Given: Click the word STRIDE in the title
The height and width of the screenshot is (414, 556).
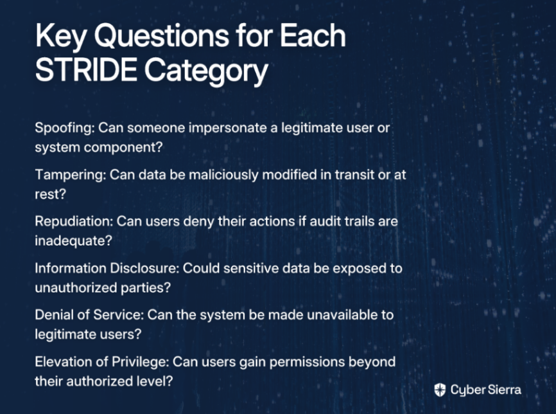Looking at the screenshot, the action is tap(86, 69).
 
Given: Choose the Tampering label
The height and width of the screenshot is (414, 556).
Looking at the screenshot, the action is tap(70, 175).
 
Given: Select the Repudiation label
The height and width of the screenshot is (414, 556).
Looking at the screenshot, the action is tap(74, 222).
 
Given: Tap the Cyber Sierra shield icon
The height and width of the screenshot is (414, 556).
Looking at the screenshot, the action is tap(440, 390).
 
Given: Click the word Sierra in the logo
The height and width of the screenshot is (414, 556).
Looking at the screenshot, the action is tap(504, 390).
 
